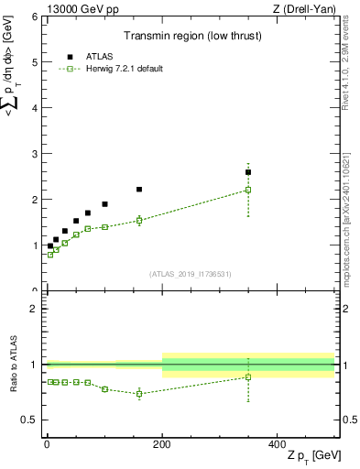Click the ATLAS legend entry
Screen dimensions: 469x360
pyautogui.click(x=99, y=57)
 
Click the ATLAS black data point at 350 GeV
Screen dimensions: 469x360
pyautogui.click(x=248, y=172)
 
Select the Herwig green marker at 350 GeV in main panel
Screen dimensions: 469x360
pyautogui.click(x=248, y=190)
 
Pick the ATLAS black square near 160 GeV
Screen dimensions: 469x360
pyautogui.click(x=139, y=190)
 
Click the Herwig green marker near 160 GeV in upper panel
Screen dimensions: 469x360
pyautogui.click(x=139, y=220)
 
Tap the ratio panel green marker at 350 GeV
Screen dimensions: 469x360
pyautogui.click(x=248, y=377)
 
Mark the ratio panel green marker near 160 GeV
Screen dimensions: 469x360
pyautogui.click(x=139, y=394)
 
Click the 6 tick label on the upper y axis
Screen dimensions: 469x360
pyautogui.click(x=34, y=17)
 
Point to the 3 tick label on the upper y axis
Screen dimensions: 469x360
pyautogui.click(x=34, y=154)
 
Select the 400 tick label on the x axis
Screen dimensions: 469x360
pyautogui.click(x=278, y=443)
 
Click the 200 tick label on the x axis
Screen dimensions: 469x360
pyautogui.click(x=162, y=443)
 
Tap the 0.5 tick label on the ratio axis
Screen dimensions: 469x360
pyautogui.click(x=30, y=420)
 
